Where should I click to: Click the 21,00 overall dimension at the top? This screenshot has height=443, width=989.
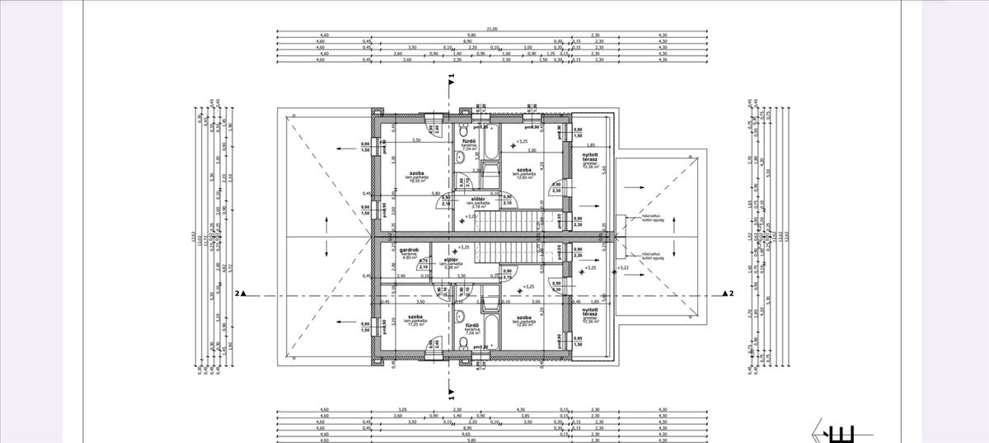click(x=492, y=29)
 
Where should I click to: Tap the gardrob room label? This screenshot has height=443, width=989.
click(x=410, y=251)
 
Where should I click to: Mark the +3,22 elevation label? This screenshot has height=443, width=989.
click(x=624, y=268)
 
